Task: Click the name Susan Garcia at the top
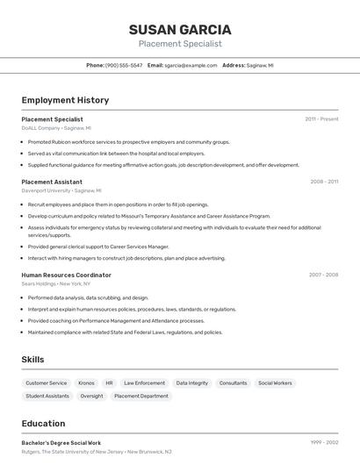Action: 180,29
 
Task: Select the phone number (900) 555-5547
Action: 124,65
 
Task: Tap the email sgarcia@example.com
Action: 191,65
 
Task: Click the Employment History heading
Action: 65,100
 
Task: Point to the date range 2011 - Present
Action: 321,118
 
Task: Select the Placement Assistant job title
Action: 52,182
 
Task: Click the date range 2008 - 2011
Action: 324,182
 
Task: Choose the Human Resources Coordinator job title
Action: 66,275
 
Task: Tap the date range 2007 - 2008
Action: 323,275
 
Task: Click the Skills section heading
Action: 32,360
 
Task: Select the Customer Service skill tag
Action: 47,383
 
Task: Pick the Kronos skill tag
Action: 86,383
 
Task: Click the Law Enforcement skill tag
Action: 144,383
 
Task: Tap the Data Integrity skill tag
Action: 192,383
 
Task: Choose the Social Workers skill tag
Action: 275,383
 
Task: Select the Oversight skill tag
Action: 91,396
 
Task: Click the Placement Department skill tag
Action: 141,396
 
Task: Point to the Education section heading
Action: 43,424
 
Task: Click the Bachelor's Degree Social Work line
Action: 61,443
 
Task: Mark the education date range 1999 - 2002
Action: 322,443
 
